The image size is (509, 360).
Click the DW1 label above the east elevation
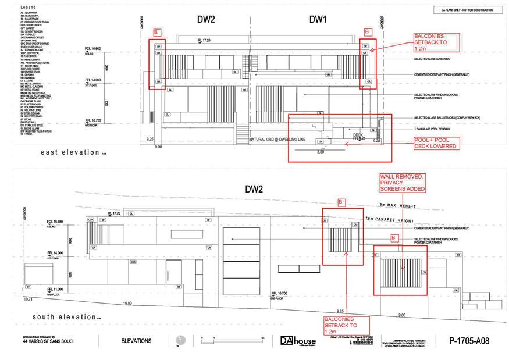[x=318, y=20]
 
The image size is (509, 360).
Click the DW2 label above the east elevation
[x=206, y=20]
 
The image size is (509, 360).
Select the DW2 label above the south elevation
[x=254, y=189]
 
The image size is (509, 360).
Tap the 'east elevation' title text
[x=70, y=152]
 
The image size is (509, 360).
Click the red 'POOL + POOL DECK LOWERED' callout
[x=436, y=143]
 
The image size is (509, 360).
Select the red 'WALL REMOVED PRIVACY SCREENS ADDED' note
[x=403, y=183]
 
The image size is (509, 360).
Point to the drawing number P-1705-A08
[x=469, y=341]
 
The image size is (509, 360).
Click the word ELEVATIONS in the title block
[x=137, y=341]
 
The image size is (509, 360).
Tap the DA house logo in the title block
[x=298, y=341]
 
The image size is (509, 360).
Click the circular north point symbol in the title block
[x=181, y=341]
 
